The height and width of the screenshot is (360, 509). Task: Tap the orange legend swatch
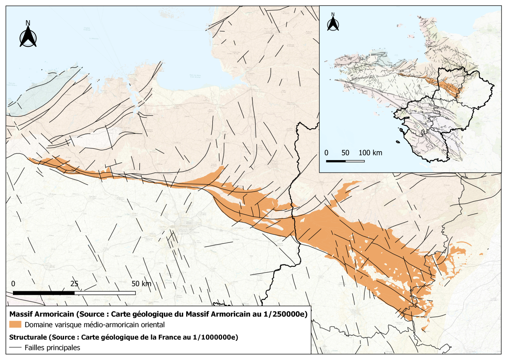click(x=16, y=324)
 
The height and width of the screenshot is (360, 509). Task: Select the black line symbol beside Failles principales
click(x=16, y=348)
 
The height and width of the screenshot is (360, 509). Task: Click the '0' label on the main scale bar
click(x=13, y=283)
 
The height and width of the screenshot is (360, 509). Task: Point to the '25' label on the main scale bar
click(x=74, y=283)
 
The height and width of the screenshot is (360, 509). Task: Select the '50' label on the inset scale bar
click(x=345, y=152)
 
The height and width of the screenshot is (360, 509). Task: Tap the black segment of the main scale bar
click(x=44, y=293)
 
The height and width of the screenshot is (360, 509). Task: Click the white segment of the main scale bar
click(x=105, y=293)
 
